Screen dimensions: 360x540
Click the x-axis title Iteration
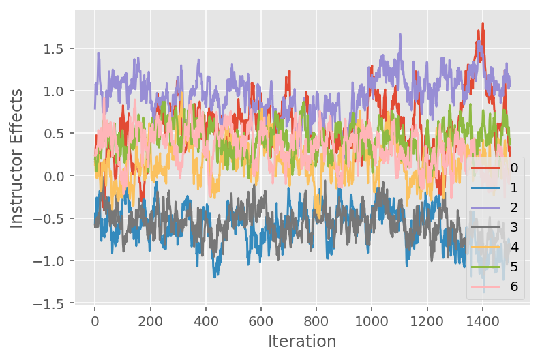[302, 341]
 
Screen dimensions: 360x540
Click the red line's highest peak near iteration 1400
[483, 23]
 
